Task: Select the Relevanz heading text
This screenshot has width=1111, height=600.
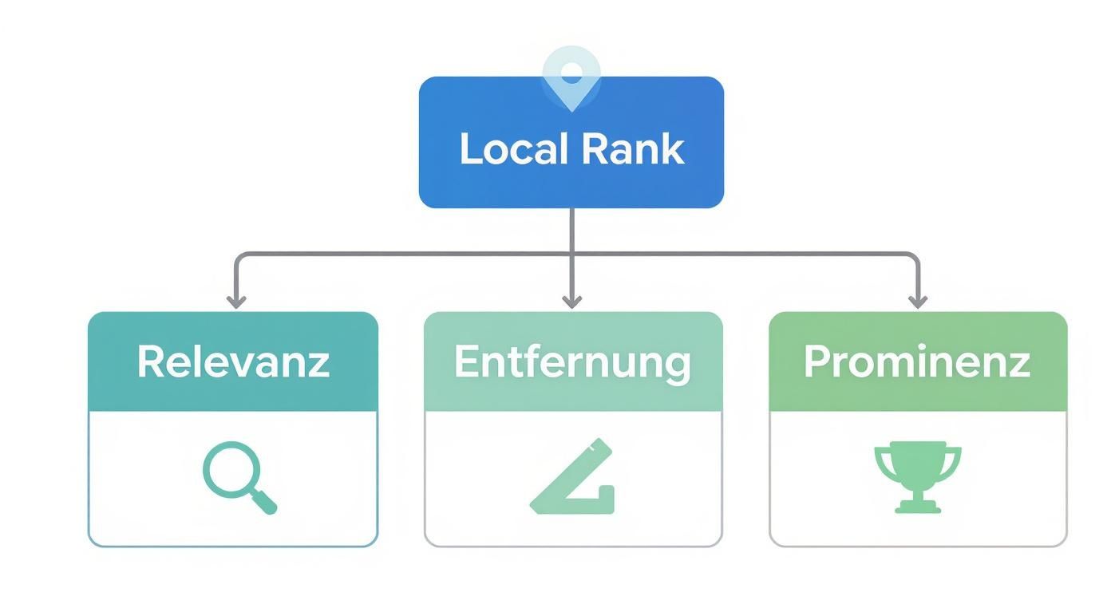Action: [233, 361]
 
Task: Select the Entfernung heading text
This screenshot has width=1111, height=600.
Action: [572, 361]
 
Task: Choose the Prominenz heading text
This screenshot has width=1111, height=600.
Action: [917, 361]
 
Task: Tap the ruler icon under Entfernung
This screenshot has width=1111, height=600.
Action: [573, 479]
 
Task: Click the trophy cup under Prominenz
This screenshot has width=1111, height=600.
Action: [918, 466]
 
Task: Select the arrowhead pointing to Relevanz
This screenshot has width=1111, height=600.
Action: [235, 301]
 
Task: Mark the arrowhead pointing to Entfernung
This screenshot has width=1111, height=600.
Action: [571, 301]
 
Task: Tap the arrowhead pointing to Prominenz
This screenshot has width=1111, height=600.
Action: [918, 301]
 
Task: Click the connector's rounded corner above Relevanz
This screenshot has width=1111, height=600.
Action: [239, 258]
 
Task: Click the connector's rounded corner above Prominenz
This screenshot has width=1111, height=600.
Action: [914, 258]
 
